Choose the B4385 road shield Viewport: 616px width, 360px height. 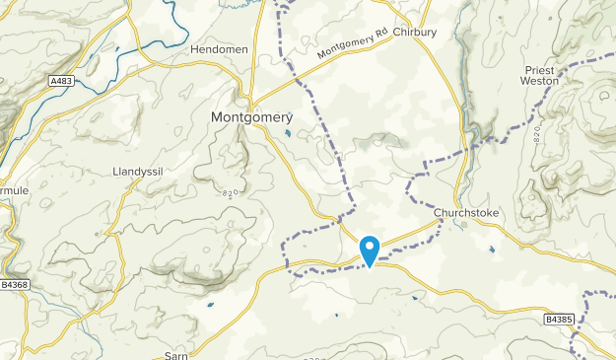(557, 320)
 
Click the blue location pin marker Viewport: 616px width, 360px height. (370, 249)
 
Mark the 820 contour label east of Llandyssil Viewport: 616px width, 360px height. (232, 192)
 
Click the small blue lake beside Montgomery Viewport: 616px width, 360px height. (287, 132)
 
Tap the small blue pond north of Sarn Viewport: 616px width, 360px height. (210, 305)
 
